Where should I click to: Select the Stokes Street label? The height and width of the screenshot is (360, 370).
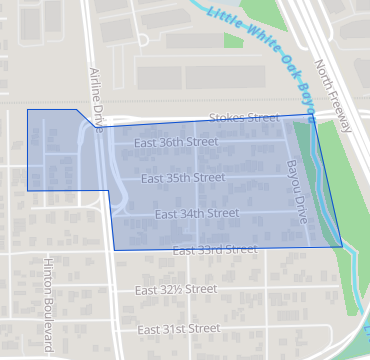point(244,118)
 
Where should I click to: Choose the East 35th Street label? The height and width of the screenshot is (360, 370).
point(183,178)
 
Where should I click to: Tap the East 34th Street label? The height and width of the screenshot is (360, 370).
point(197,213)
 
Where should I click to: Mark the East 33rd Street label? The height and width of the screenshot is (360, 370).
point(214,249)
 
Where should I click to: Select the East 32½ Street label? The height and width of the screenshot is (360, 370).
point(175,289)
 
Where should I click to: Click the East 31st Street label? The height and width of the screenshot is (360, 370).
point(178,329)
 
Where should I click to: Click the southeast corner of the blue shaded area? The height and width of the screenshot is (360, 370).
point(342,246)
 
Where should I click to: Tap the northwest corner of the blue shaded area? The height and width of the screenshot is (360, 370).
point(27,110)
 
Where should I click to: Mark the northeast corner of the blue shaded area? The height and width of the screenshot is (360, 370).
point(313,115)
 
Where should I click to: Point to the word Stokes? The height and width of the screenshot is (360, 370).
point(227,118)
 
